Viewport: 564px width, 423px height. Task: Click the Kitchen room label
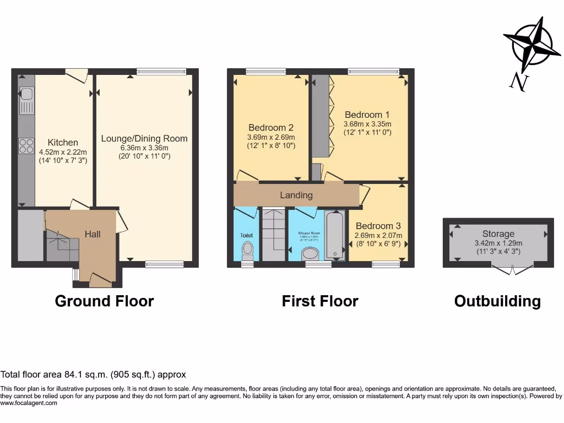click(x=63, y=143)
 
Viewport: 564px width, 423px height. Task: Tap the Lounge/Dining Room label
click(x=144, y=139)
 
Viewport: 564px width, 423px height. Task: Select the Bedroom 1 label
click(x=367, y=115)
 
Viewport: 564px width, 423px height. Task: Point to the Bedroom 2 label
click(x=271, y=128)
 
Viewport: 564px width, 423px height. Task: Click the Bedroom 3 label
click(x=378, y=226)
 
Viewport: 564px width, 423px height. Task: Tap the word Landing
click(x=296, y=195)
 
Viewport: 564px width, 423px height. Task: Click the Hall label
click(x=93, y=234)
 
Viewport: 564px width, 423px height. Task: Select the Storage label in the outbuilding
click(x=498, y=234)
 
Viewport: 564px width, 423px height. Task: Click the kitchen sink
click(x=26, y=99)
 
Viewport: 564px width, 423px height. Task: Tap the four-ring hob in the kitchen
click(x=26, y=145)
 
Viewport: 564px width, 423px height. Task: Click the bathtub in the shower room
click(x=335, y=236)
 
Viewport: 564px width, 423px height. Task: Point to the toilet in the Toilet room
click(x=247, y=251)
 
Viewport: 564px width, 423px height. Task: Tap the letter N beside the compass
click(x=518, y=82)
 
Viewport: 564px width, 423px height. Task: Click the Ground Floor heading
click(x=104, y=301)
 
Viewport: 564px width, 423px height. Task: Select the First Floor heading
click(x=320, y=301)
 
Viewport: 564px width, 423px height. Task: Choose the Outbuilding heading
click(x=497, y=301)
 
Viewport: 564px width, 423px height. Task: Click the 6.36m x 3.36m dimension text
click(x=144, y=148)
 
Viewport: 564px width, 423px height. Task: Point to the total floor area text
click(x=94, y=375)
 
